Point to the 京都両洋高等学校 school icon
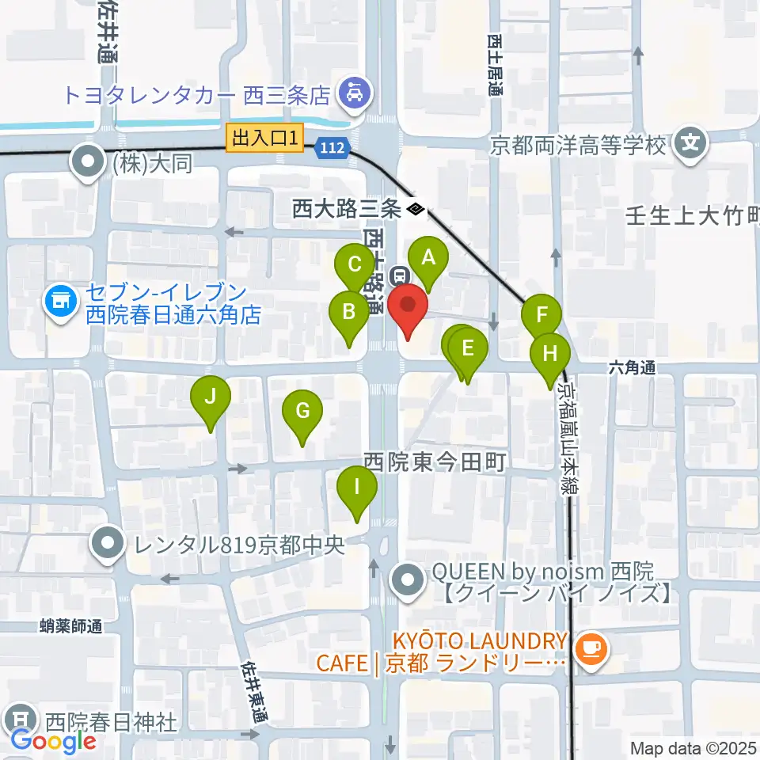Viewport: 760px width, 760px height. tap(691, 144)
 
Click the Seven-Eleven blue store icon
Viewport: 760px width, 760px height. tap(59, 300)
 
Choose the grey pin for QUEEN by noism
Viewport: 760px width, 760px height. tap(409, 580)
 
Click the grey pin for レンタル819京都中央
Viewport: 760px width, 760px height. tap(105, 545)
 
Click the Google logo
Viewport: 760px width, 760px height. tap(53, 741)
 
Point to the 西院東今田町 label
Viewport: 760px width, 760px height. tap(434, 462)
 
